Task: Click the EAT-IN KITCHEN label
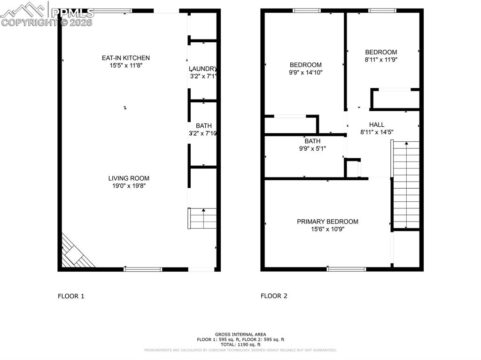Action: (x=126, y=58)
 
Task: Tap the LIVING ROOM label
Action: (x=129, y=178)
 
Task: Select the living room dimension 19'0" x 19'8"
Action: (x=129, y=186)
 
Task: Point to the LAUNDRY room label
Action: (x=203, y=68)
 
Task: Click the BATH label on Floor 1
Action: (x=203, y=126)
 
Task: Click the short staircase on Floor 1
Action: (x=203, y=218)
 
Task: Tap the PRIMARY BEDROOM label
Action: (x=327, y=222)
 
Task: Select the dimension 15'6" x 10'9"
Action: (x=327, y=229)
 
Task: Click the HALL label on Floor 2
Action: (x=377, y=124)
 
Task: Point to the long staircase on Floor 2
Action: (x=406, y=185)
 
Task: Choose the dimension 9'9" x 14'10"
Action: (x=306, y=72)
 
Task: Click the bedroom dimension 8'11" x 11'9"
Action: (x=381, y=60)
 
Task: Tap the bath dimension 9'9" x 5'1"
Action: (x=312, y=148)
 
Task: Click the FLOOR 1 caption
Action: (x=71, y=296)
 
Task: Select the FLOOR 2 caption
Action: (x=274, y=296)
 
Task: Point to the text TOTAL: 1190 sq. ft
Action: (x=240, y=344)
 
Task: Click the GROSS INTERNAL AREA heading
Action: (x=240, y=334)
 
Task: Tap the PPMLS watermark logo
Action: (x=47, y=14)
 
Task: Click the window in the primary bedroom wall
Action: (x=347, y=269)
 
